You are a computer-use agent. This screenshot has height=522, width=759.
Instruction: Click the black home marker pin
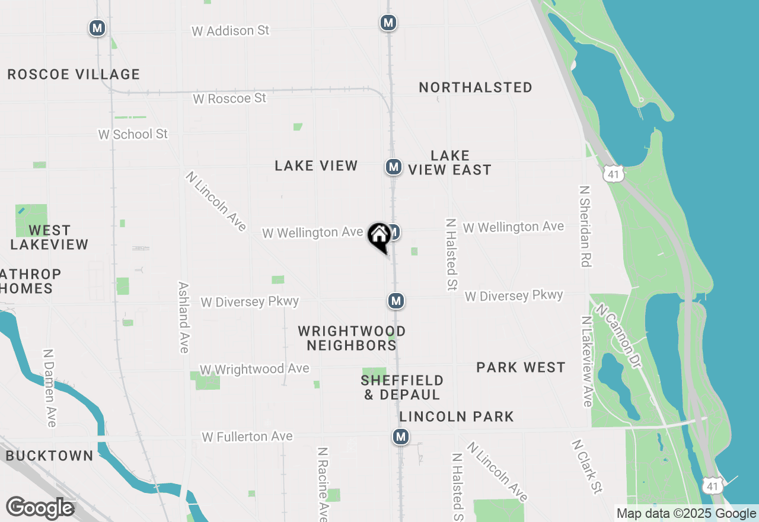[379, 237]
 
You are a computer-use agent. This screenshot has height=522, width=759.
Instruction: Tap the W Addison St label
[230, 30]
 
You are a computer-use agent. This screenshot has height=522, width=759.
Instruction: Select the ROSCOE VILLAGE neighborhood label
[74, 74]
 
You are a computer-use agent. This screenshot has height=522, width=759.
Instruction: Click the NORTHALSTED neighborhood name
[476, 87]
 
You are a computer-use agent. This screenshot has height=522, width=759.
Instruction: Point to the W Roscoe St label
[229, 98]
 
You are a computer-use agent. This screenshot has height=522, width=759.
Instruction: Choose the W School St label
[133, 134]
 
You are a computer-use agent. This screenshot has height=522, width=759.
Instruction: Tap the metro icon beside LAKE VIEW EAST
[394, 167]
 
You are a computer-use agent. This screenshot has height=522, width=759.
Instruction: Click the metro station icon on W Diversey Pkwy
[396, 301]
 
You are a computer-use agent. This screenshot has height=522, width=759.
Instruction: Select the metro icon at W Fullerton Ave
[401, 437]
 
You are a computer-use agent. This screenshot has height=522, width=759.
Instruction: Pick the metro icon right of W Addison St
[388, 23]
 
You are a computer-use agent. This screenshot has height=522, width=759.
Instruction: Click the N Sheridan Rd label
[586, 226]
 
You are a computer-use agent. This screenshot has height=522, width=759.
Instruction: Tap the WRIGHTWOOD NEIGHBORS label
[352, 338]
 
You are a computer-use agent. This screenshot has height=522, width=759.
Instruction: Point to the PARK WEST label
[521, 368]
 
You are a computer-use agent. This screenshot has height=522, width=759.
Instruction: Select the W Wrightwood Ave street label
[254, 369]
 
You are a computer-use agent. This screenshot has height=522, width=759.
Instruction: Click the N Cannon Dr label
[619, 336]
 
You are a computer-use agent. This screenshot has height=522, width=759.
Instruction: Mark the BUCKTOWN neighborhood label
[50, 456]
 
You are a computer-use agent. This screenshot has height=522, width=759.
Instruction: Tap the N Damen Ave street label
[50, 387]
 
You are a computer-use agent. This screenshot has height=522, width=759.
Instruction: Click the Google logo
[40, 508]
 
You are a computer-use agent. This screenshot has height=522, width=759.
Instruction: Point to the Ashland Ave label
[184, 317]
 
